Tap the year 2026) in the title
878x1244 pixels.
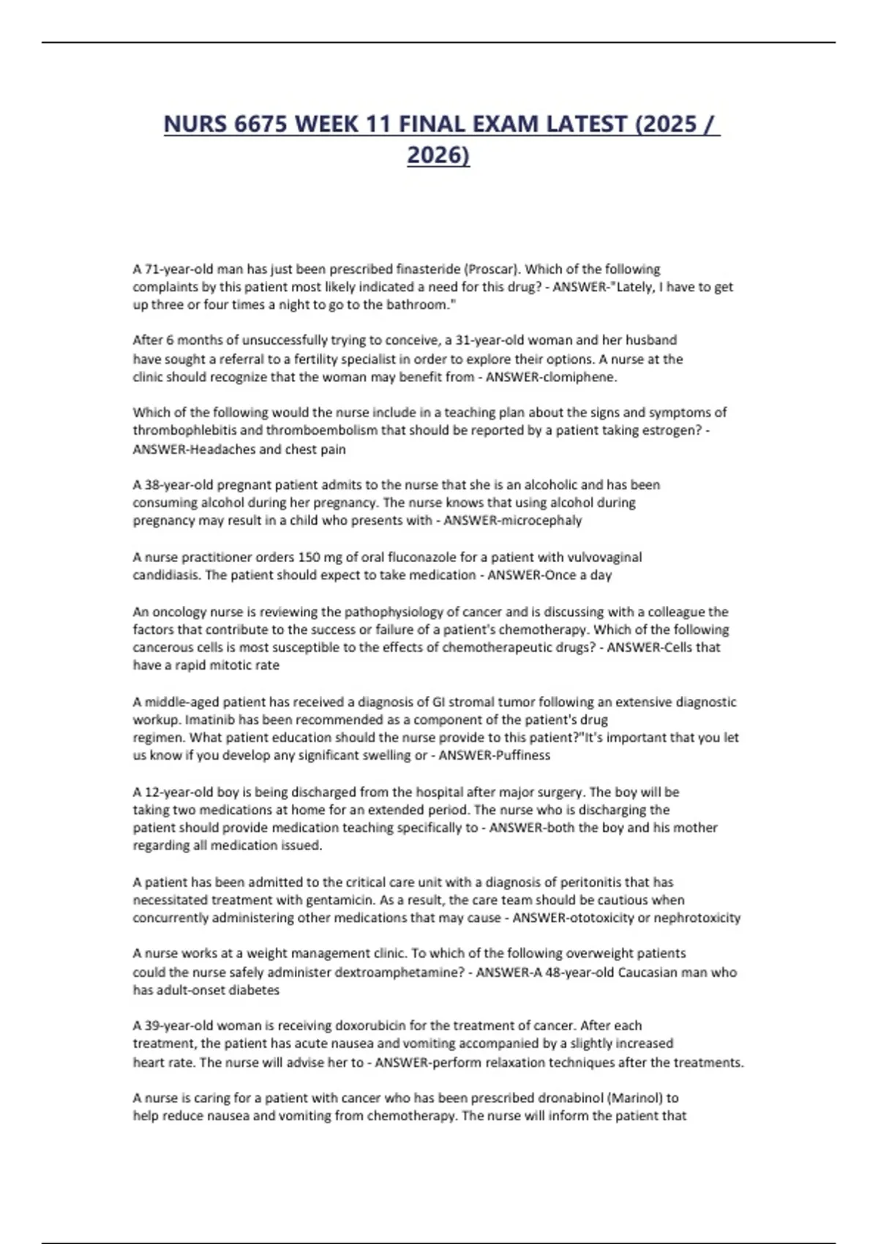coord(438,156)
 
